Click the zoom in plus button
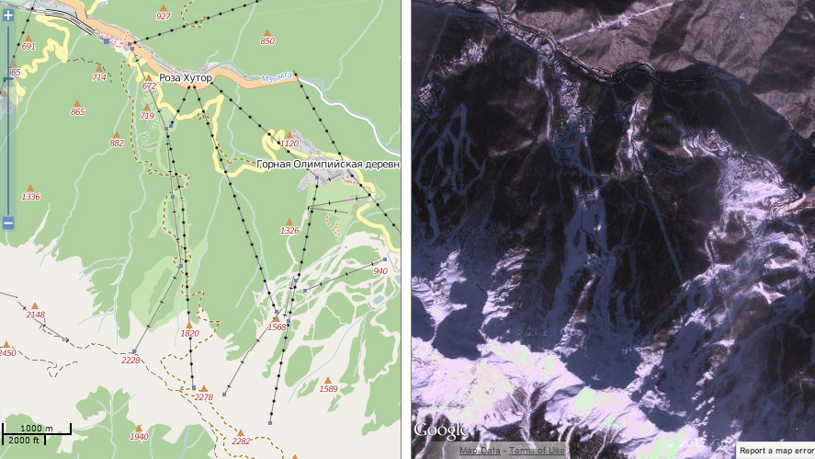pos(8,15)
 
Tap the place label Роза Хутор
pos(185,78)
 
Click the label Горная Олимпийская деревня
pos(328,165)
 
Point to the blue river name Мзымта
pos(276,77)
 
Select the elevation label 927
pos(164,17)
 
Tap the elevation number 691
pos(28,46)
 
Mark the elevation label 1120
pos(289,143)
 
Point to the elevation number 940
pos(380,271)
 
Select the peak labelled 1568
pos(277,327)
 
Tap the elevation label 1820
pos(190,334)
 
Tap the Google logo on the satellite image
pos(440,430)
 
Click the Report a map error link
pos(776,450)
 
